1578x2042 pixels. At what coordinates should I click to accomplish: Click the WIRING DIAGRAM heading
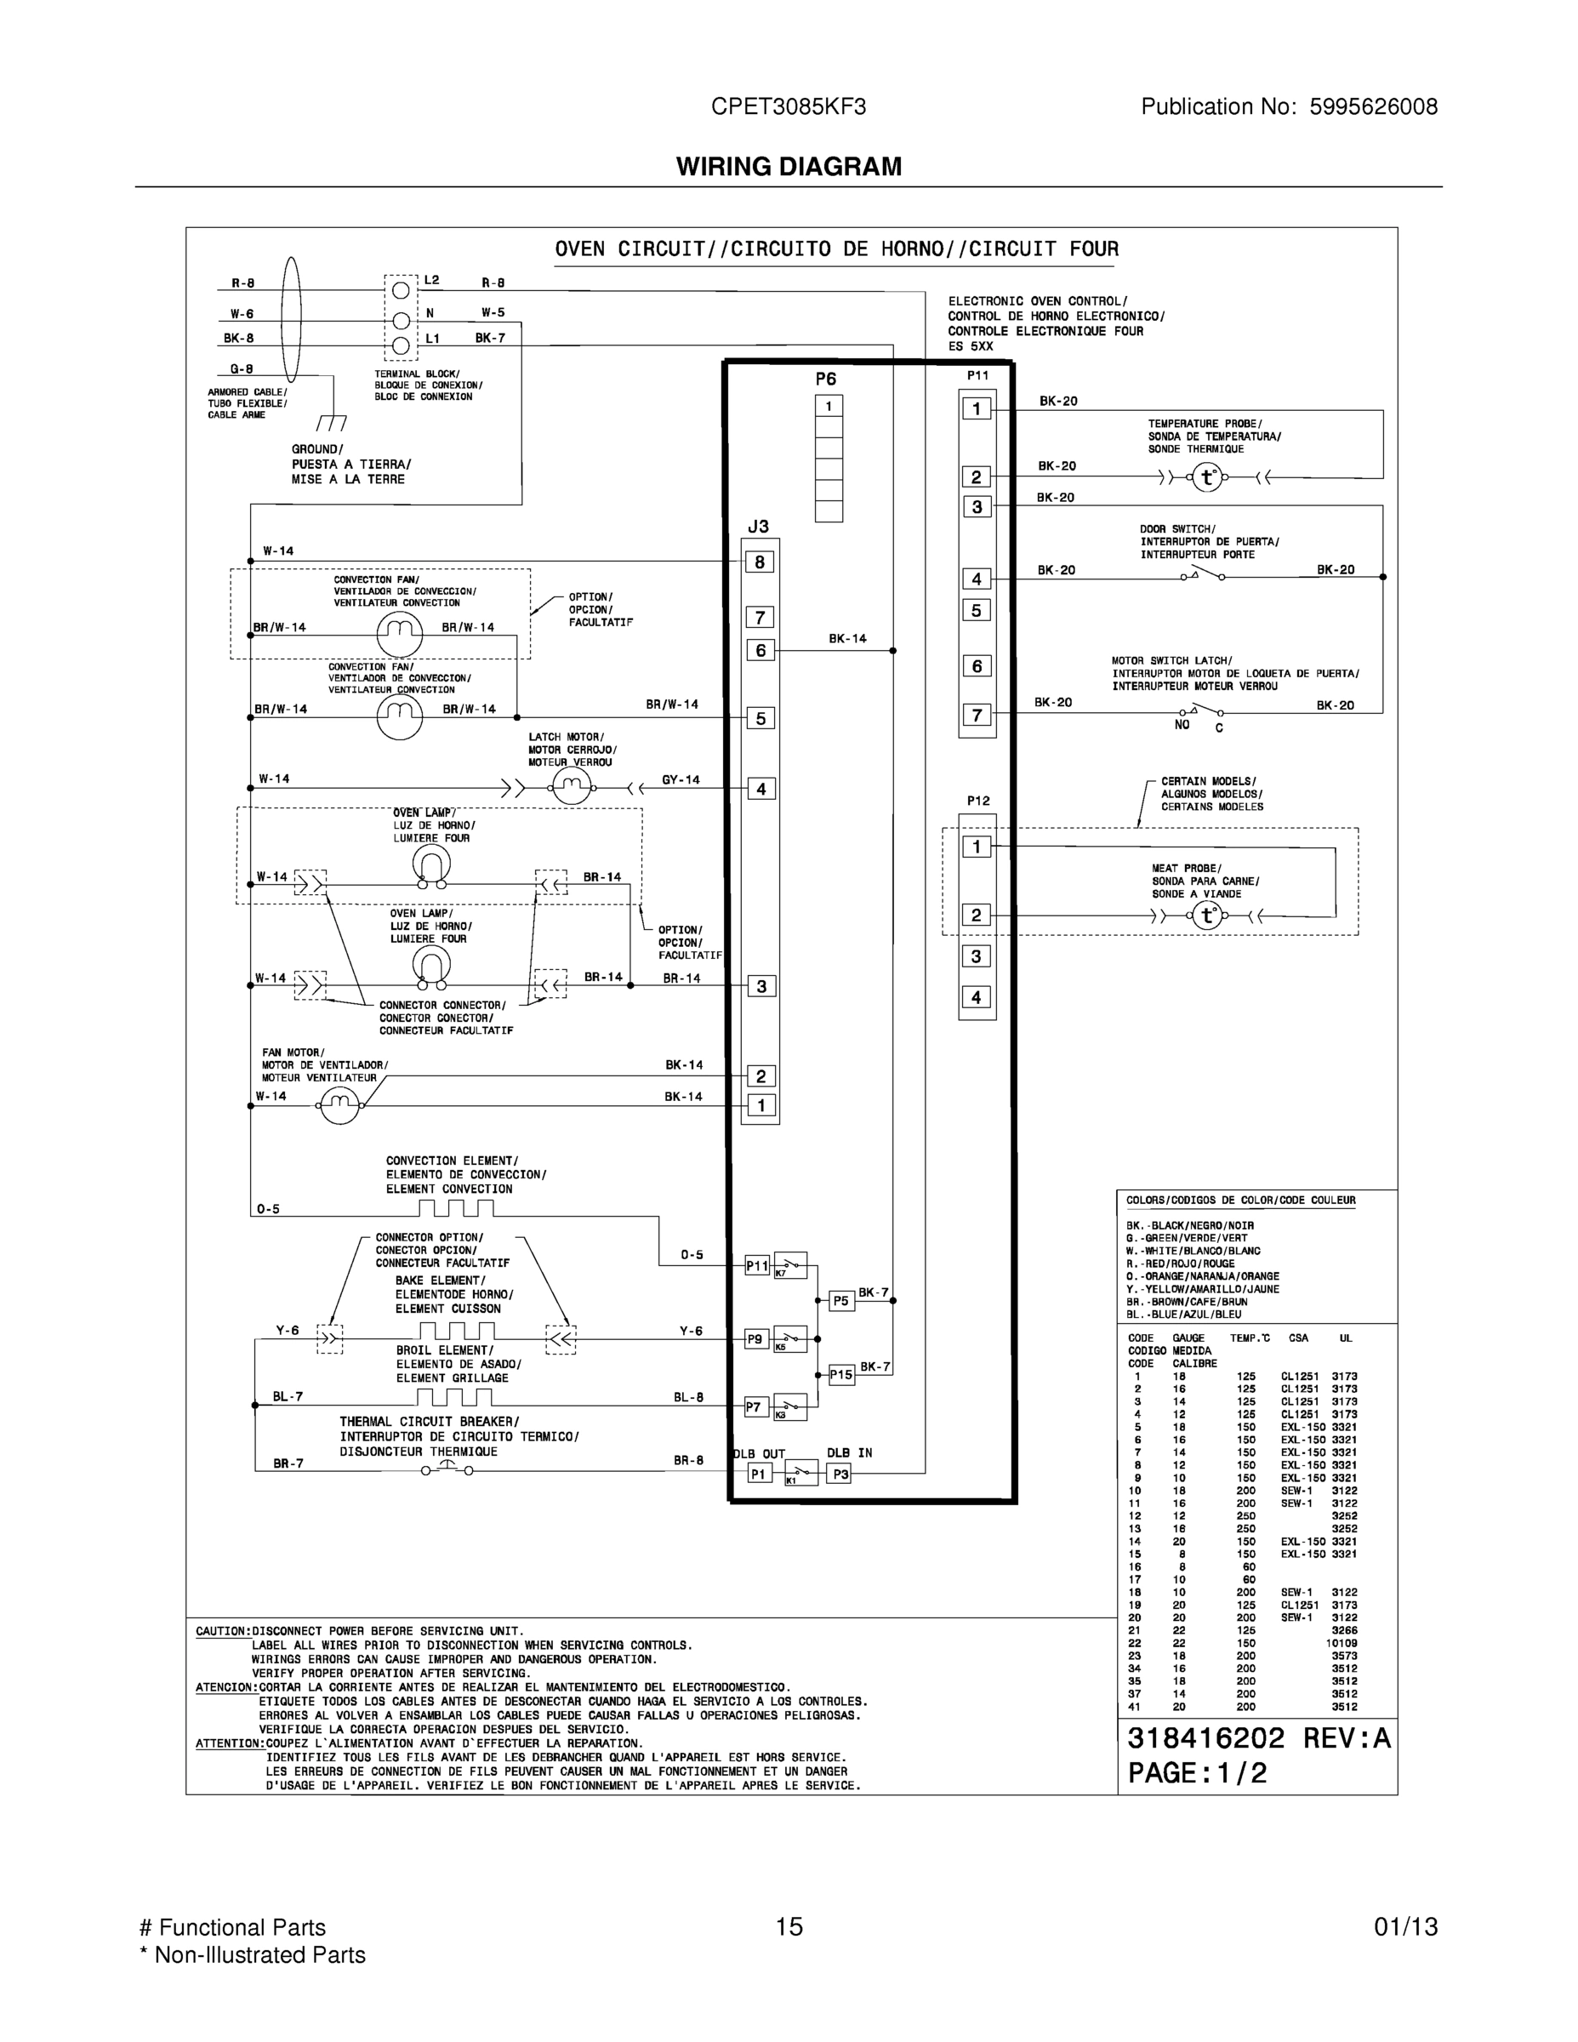coord(789,167)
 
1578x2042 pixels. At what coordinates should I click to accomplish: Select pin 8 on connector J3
coord(760,562)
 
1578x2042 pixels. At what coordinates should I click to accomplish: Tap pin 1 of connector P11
coord(977,408)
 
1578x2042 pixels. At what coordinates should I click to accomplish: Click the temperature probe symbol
coord(1207,478)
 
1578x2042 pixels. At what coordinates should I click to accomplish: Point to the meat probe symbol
coord(1207,915)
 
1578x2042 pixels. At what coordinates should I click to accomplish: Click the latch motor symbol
coord(570,789)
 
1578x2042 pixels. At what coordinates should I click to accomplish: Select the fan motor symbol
coord(339,1105)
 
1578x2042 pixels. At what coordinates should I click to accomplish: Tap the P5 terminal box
coord(841,1301)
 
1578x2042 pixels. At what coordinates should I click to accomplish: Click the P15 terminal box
coord(841,1374)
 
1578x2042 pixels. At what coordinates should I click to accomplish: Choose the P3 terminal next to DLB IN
coord(840,1474)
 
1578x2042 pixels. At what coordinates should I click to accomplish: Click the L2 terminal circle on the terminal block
coord(401,291)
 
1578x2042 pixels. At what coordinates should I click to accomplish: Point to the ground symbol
coord(331,422)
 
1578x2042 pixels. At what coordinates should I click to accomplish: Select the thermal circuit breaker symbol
coord(446,1469)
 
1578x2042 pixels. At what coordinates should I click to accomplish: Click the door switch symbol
coord(1202,574)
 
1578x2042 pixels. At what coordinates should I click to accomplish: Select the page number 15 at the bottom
coord(789,1926)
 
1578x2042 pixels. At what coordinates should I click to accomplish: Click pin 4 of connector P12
coord(977,996)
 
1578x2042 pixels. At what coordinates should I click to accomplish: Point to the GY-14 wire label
coord(681,779)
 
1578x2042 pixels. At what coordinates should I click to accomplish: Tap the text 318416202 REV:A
coord(1258,1738)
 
